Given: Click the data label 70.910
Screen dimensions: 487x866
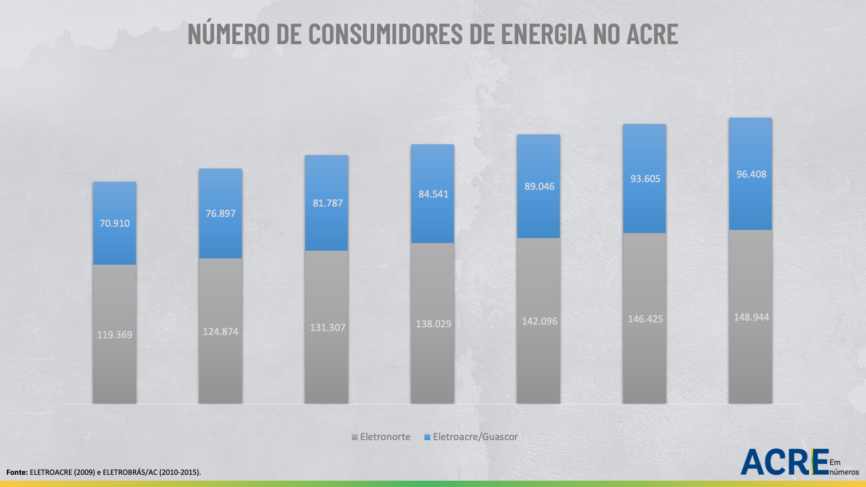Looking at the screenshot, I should click(x=115, y=223).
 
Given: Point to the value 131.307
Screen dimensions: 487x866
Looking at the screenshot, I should click(x=327, y=328).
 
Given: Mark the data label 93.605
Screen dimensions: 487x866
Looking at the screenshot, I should click(x=645, y=179).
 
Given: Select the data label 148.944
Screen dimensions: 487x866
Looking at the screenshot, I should click(x=751, y=317).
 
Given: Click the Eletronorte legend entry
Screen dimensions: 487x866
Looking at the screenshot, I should click(x=385, y=437).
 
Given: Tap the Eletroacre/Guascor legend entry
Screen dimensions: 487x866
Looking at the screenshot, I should click(x=475, y=437).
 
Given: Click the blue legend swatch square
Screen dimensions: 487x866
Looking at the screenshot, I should click(x=427, y=437).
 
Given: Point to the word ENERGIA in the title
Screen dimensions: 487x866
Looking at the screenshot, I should click(x=544, y=34).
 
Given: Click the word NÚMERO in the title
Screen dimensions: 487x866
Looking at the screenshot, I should click(x=229, y=34).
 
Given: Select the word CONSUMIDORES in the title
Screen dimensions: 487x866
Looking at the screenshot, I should click(x=386, y=34).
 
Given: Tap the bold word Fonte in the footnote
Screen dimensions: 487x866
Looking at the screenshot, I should click(x=16, y=473).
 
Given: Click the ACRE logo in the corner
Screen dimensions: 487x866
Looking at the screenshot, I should click(x=785, y=462).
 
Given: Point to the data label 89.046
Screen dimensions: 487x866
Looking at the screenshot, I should click(x=539, y=187).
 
